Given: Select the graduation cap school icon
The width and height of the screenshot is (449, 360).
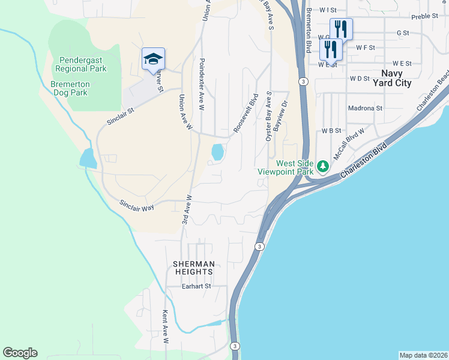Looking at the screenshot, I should coord(153,59).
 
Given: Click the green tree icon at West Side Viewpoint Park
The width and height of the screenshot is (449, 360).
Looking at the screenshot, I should coord(323,166).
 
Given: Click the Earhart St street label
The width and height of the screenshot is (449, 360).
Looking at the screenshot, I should coord(197,287).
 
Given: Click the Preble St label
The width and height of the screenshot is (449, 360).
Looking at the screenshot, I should coord(426,16).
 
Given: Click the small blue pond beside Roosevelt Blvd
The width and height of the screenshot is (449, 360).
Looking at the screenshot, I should coord(217,152).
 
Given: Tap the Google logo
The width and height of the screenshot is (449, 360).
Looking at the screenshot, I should coord(20,353).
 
